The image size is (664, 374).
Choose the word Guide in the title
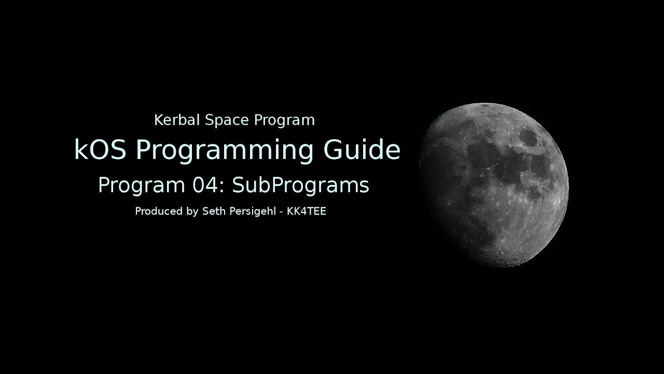[x=362, y=150]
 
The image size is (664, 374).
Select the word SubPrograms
[x=300, y=186]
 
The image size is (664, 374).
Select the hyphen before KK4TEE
[x=281, y=212]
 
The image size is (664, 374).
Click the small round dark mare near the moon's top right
[x=529, y=138]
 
